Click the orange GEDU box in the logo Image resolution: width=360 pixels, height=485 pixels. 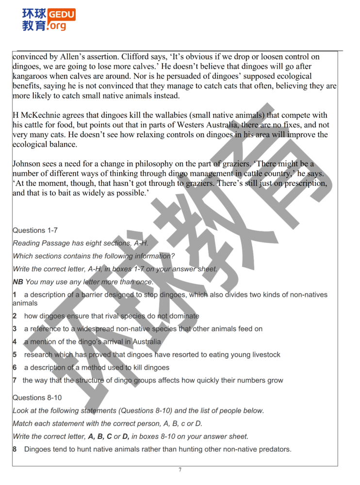tap(62, 15)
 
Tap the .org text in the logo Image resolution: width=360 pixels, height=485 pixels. tap(57, 26)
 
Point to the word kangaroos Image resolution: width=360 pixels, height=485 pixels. tap(31, 76)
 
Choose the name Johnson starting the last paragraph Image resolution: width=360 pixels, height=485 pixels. tap(27, 164)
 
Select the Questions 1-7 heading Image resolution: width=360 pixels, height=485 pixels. tap(35, 230)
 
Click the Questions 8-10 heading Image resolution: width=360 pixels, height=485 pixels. tap(37, 398)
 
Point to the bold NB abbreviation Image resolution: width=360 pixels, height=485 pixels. tap(18, 282)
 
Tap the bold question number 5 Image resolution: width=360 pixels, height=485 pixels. tap(15, 355)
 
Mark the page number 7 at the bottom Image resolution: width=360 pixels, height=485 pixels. tap(180, 469)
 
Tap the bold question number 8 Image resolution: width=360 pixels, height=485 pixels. tap(15, 449)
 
